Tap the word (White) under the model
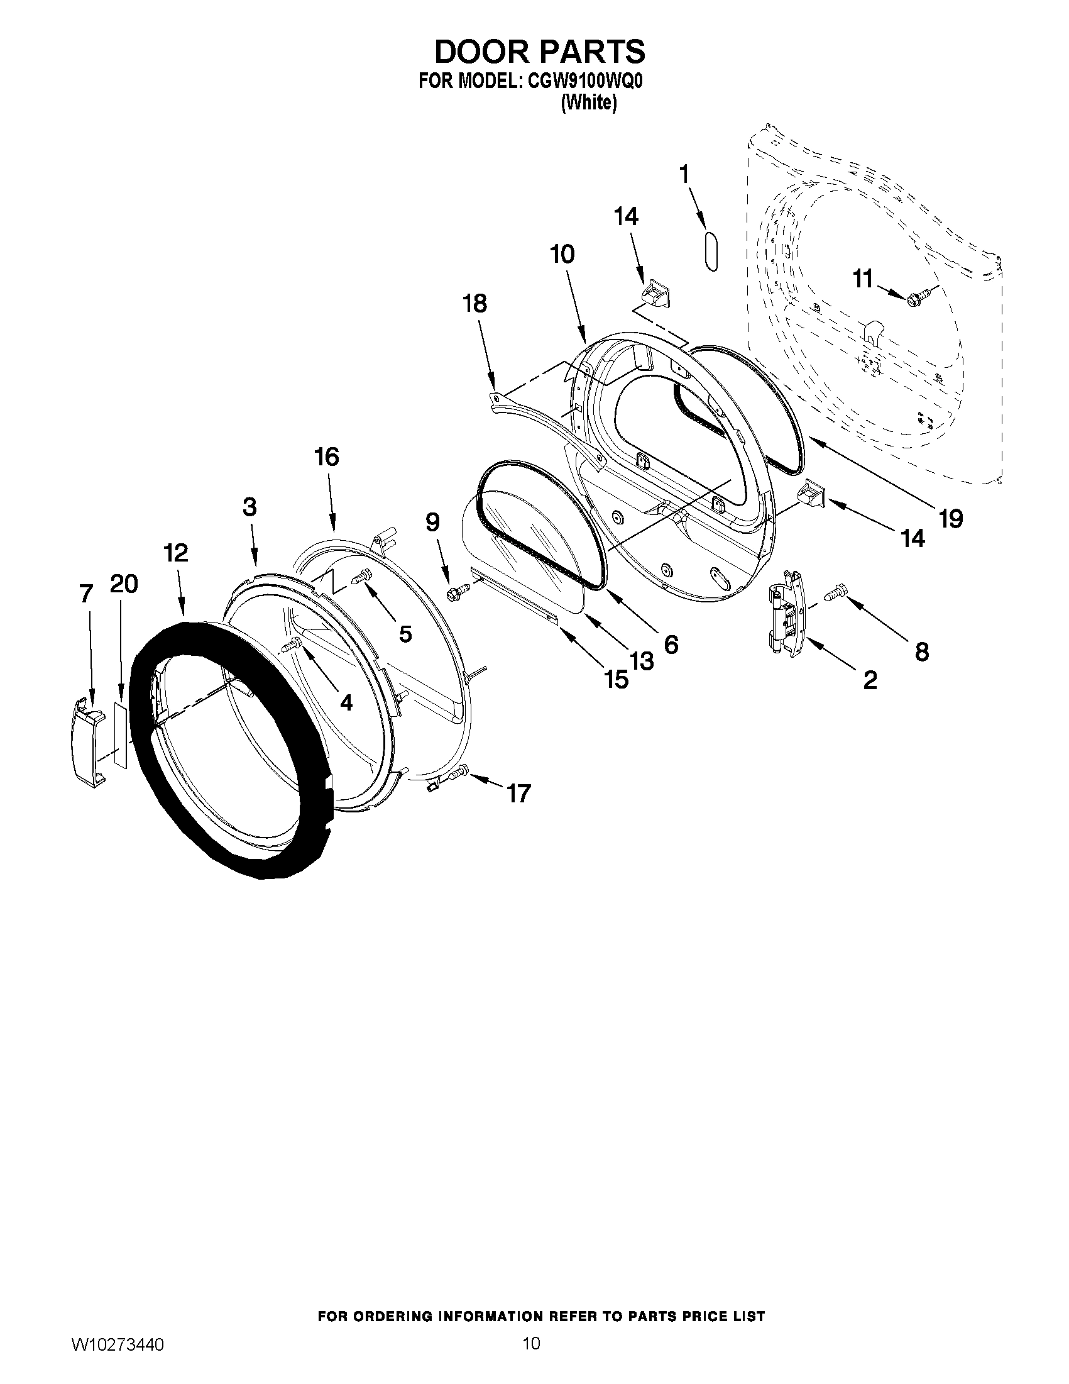tap(589, 102)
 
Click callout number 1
tap(684, 173)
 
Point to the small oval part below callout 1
tap(710, 252)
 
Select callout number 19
tap(951, 518)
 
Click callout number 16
tap(327, 457)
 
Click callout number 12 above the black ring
tap(175, 553)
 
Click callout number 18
tap(475, 303)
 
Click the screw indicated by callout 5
tap(363, 578)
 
